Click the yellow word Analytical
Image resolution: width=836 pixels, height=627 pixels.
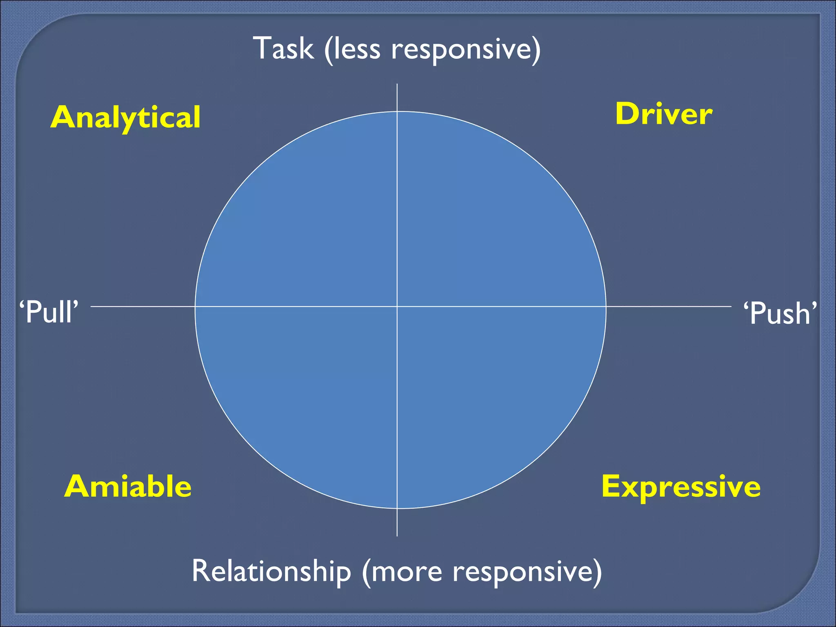coord(125,118)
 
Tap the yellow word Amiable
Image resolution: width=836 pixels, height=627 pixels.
coord(128,487)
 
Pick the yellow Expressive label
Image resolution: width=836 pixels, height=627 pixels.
coord(681,487)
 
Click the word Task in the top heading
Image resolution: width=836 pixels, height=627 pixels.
coord(284,49)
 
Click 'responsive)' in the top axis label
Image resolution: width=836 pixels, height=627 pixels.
coord(466,50)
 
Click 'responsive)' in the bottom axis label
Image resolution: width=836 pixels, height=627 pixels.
coord(527,572)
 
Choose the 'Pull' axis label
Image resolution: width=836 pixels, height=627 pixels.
coord(49,312)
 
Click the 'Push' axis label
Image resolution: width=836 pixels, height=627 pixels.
coord(780,313)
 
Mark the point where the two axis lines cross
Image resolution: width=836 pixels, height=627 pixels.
coord(397,306)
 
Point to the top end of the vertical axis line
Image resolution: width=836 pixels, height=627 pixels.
coord(397,85)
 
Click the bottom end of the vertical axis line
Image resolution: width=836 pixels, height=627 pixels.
coord(397,535)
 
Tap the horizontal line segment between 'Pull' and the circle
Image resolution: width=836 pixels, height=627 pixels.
coord(143,306)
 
